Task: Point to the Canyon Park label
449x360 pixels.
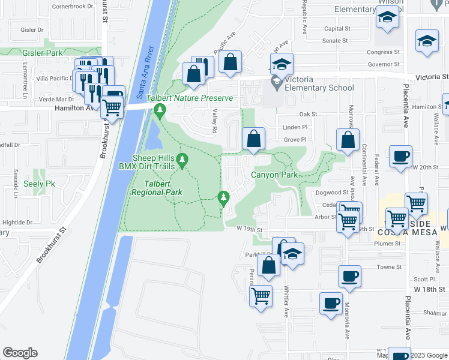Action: point(274,175)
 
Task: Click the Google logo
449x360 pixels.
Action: point(20,353)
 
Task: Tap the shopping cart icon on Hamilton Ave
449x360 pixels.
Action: point(112,107)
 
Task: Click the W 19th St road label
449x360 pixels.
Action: point(250,229)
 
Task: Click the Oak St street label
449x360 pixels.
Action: point(308,114)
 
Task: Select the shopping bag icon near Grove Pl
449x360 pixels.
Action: point(254,139)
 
